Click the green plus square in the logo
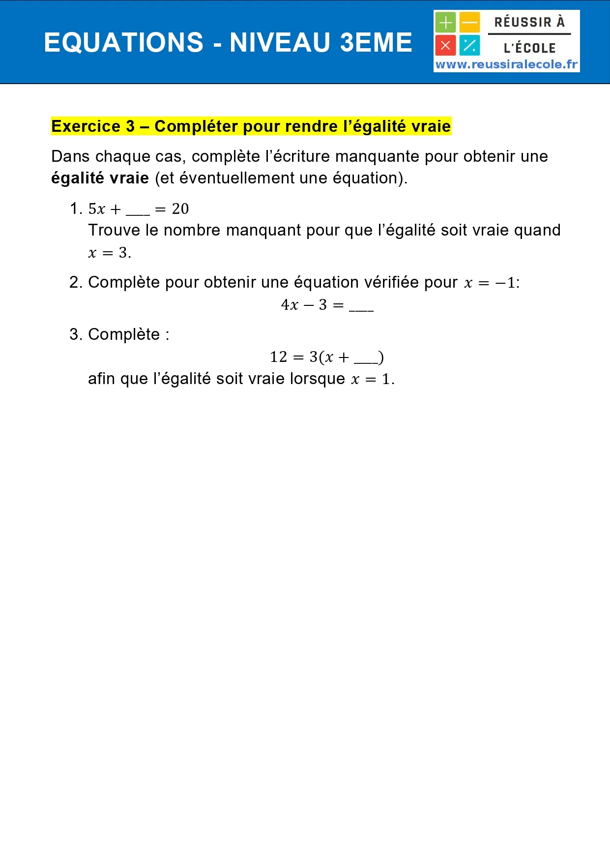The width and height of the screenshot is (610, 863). (445, 23)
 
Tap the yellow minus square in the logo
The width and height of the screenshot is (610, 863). (470, 23)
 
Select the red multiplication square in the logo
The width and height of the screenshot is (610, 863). (445, 46)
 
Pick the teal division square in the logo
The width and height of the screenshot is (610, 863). (470, 46)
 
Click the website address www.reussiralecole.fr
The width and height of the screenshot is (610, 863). (506, 64)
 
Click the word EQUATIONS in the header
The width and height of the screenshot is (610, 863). (123, 43)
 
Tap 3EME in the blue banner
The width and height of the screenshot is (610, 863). (376, 43)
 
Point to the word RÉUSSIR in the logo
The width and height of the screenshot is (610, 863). (523, 22)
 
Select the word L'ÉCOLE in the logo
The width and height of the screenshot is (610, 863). (529, 48)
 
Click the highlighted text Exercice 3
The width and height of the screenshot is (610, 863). (93, 126)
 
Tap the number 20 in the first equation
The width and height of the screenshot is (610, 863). (180, 209)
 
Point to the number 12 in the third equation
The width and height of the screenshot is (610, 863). (278, 357)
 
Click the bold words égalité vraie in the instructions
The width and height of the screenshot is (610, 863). (100, 178)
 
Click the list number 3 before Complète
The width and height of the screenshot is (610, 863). (75, 334)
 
